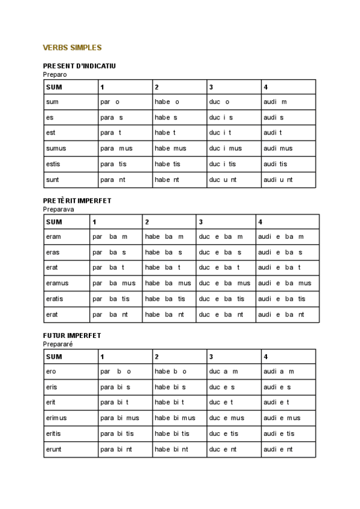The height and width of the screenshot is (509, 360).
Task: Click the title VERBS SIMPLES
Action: click(73, 47)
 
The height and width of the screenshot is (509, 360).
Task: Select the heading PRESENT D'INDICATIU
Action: click(79, 65)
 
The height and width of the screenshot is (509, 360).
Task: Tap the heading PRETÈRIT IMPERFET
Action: click(77, 200)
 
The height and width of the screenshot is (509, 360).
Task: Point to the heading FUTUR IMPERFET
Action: click(72, 336)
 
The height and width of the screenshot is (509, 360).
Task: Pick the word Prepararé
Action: click(58, 345)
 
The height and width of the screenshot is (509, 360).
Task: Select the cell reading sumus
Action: click(56, 148)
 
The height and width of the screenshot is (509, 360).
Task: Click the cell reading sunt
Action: click(52, 179)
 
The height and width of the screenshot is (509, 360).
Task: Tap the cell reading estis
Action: click(53, 164)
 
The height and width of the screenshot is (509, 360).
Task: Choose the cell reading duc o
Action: click(220, 102)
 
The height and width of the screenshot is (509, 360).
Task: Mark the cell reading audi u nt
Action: click(278, 179)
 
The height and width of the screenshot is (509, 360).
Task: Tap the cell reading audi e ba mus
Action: click(284, 283)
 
